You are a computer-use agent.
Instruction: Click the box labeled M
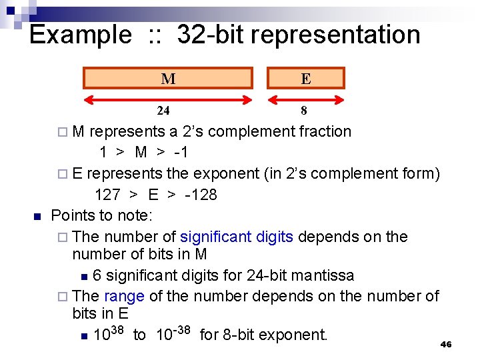[x=168, y=78]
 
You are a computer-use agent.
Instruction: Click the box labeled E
[x=305, y=78]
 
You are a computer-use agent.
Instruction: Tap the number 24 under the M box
[x=163, y=111]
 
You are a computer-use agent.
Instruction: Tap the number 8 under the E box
[x=304, y=111]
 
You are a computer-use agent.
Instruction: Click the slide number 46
[x=446, y=344]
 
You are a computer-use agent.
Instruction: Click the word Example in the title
[x=81, y=35]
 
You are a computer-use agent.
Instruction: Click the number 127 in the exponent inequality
[x=107, y=195]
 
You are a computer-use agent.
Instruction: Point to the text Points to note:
[x=102, y=215]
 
